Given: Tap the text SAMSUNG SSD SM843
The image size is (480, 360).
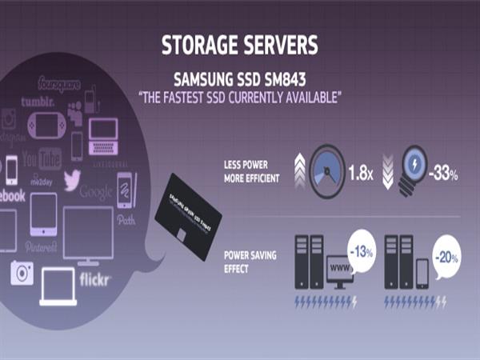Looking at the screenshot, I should [239, 79].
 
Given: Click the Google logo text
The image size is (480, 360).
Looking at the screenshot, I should [97, 192].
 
